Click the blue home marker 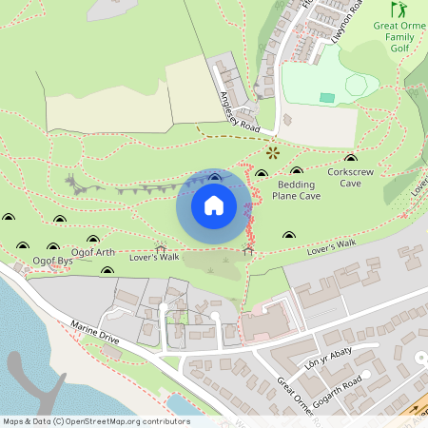(214, 204)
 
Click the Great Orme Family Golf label (399, 37)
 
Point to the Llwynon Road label (349, 21)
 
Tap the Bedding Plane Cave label (296, 189)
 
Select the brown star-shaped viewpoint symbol (274, 151)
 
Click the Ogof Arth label (93, 253)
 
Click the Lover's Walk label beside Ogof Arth (156, 257)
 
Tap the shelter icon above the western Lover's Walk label (160, 246)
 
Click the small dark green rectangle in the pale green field (327, 97)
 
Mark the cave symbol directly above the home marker (214, 177)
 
